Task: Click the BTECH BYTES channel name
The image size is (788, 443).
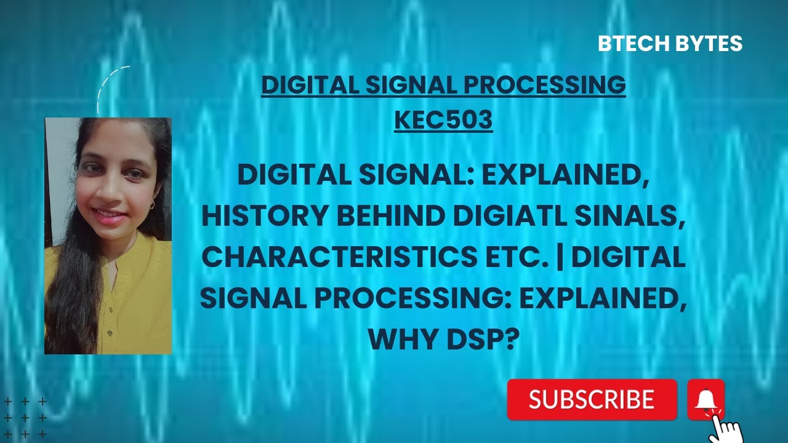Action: click(670, 44)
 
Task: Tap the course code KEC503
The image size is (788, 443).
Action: click(443, 120)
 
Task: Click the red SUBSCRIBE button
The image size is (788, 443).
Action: click(592, 399)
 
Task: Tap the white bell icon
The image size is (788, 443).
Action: click(706, 400)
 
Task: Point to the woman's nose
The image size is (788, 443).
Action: click(111, 197)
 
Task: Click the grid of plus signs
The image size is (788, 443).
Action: click(25, 418)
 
